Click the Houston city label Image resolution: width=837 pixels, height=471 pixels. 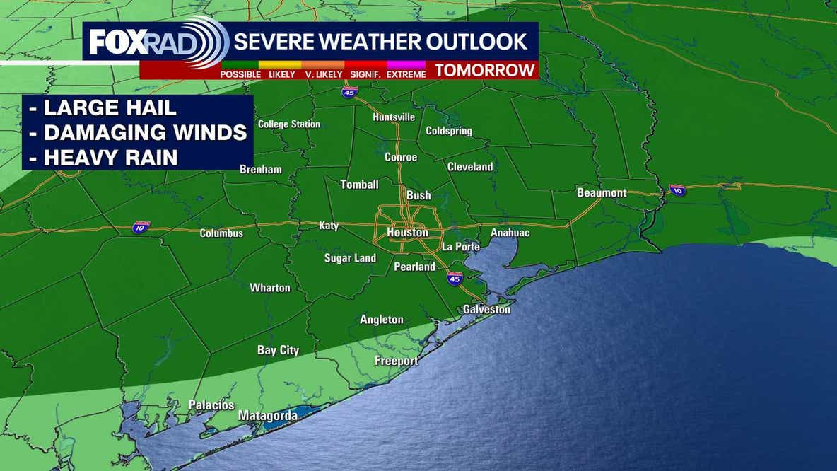407,232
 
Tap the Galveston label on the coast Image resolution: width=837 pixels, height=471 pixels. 486,309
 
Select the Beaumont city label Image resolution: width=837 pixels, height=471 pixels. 602,192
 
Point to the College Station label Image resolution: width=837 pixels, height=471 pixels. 288,124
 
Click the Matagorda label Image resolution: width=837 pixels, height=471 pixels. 267,415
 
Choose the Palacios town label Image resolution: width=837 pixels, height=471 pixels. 211,405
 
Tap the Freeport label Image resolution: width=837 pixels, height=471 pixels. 396,361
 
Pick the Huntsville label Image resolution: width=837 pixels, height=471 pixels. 394,117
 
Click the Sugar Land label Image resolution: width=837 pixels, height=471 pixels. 350,258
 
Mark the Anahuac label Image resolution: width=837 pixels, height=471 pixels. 510,233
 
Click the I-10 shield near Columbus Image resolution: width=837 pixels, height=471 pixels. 141,227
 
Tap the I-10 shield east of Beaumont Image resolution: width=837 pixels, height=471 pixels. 678,190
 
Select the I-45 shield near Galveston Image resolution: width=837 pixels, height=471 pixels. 455,278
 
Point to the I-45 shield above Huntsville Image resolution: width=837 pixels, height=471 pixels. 349,92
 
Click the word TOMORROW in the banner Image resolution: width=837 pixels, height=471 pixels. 484,70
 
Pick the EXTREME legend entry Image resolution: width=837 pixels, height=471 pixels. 406,74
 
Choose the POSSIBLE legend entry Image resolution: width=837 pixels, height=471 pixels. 240,74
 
